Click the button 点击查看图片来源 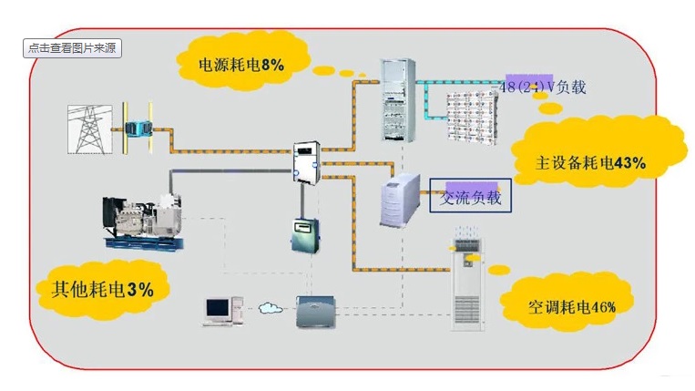(x=72, y=48)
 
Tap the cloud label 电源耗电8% (x=242, y=65)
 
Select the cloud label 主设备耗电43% (x=591, y=163)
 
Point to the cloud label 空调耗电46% (x=572, y=307)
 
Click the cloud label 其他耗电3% (x=96, y=289)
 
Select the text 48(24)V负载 (x=544, y=87)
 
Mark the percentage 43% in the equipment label (x=630, y=163)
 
